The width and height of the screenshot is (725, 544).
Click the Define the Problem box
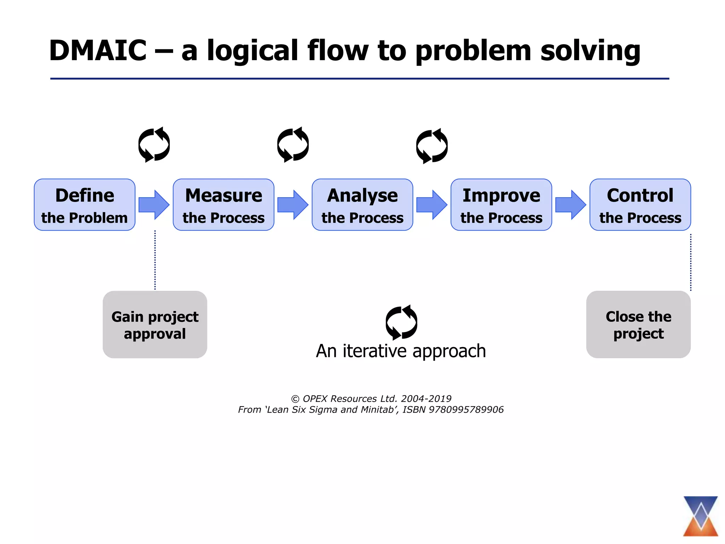(85, 205)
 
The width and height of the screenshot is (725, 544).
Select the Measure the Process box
(223, 205)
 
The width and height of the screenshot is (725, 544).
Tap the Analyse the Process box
(362, 205)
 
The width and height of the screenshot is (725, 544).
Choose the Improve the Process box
(501, 205)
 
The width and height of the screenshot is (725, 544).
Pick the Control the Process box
(640, 205)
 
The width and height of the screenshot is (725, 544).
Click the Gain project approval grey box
(155, 324)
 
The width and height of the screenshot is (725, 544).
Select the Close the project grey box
(638, 324)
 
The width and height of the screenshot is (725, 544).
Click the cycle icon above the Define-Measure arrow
(154, 144)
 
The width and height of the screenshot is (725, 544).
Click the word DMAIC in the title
(98, 50)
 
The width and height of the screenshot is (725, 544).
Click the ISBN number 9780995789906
(466, 410)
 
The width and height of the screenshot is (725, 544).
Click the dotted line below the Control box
(691, 262)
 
